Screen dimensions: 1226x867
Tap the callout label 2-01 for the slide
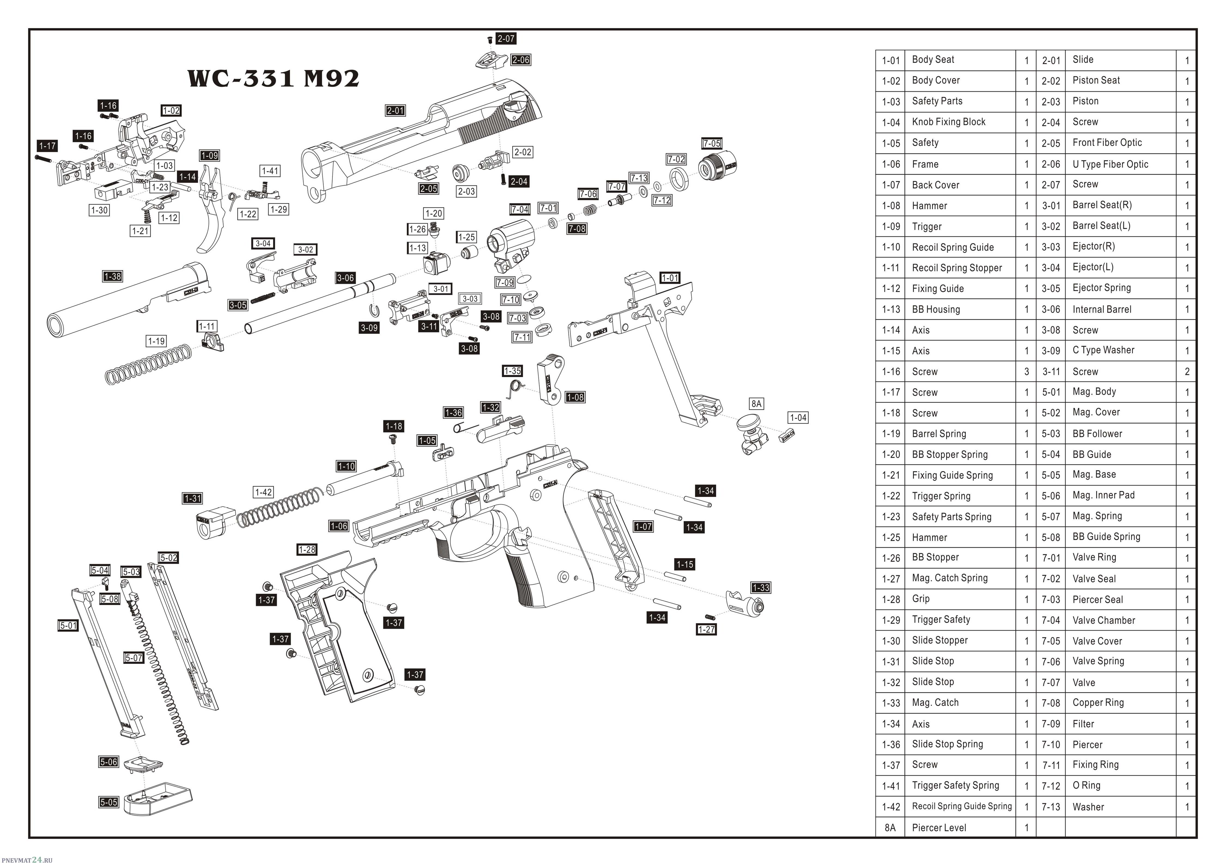coord(396,111)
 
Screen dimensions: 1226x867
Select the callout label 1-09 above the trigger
coord(209,155)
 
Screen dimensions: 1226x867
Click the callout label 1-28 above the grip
coord(307,549)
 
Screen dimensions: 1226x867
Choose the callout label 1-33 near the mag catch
coord(761,588)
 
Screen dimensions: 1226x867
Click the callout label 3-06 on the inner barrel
coord(345,278)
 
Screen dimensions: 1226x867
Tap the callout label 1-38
coord(113,276)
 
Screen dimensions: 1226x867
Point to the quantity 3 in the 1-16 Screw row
coord(1026,372)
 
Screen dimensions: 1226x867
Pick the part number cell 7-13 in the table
coord(1051,807)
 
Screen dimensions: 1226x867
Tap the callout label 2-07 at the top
coord(506,38)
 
